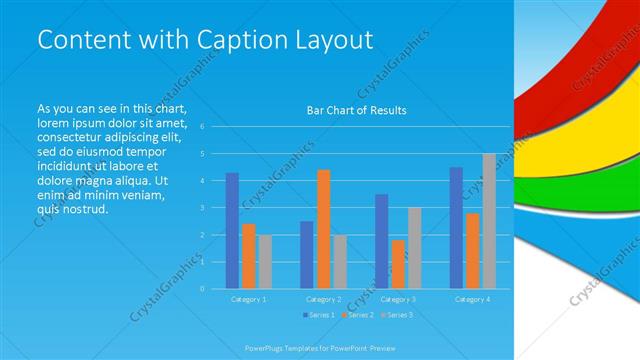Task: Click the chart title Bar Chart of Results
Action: (x=356, y=110)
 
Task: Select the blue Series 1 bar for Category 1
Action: (x=232, y=230)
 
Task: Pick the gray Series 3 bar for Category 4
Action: (x=489, y=221)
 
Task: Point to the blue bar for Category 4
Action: (x=456, y=227)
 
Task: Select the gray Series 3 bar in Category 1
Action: (x=265, y=261)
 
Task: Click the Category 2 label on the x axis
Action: (x=324, y=299)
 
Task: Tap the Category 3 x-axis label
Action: (x=398, y=299)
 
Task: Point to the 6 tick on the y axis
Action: (x=202, y=127)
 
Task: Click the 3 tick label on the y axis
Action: (x=202, y=208)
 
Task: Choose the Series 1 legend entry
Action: (x=318, y=316)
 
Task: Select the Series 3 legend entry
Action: (x=398, y=316)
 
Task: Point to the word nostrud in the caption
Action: (x=87, y=209)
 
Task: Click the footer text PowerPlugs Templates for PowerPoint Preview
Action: (x=320, y=347)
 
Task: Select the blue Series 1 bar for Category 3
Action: (x=382, y=241)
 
